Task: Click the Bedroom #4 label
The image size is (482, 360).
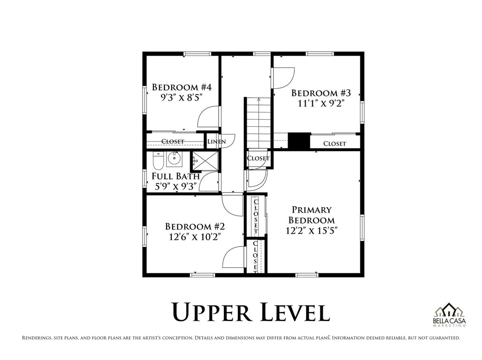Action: (182, 87)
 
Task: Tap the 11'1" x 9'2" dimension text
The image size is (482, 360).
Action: (320, 103)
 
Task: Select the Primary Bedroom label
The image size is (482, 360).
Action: (312, 215)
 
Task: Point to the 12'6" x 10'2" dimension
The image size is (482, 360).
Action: (195, 237)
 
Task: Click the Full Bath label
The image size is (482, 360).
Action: (176, 176)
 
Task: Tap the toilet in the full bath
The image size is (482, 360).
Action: (158, 160)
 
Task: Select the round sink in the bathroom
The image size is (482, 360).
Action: (174, 159)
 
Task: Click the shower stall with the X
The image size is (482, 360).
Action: (205, 161)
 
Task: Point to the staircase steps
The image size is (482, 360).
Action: (259, 123)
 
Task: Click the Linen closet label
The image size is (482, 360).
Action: (216, 142)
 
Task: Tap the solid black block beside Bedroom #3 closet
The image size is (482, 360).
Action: (299, 142)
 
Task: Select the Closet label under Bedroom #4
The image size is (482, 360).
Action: (173, 142)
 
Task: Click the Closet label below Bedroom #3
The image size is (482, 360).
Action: (335, 143)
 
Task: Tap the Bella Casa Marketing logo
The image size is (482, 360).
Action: (449, 314)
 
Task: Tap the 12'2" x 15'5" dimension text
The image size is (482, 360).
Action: (312, 230)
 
